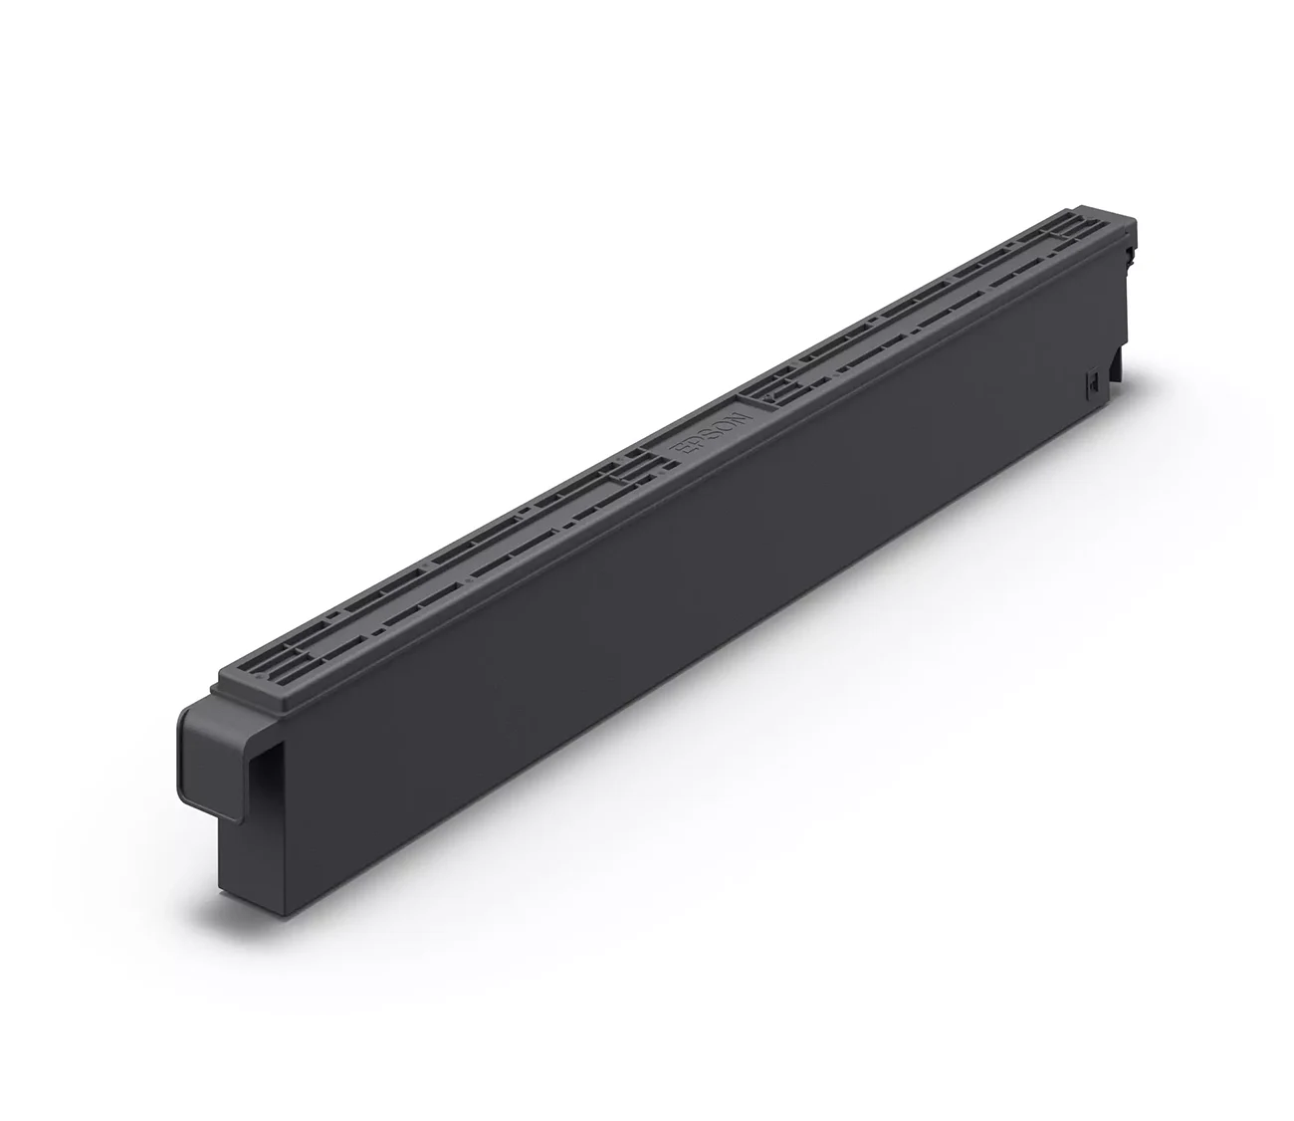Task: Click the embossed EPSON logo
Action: [710, 434]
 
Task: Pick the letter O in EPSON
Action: [723, 425]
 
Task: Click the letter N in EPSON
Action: [738, 415]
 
